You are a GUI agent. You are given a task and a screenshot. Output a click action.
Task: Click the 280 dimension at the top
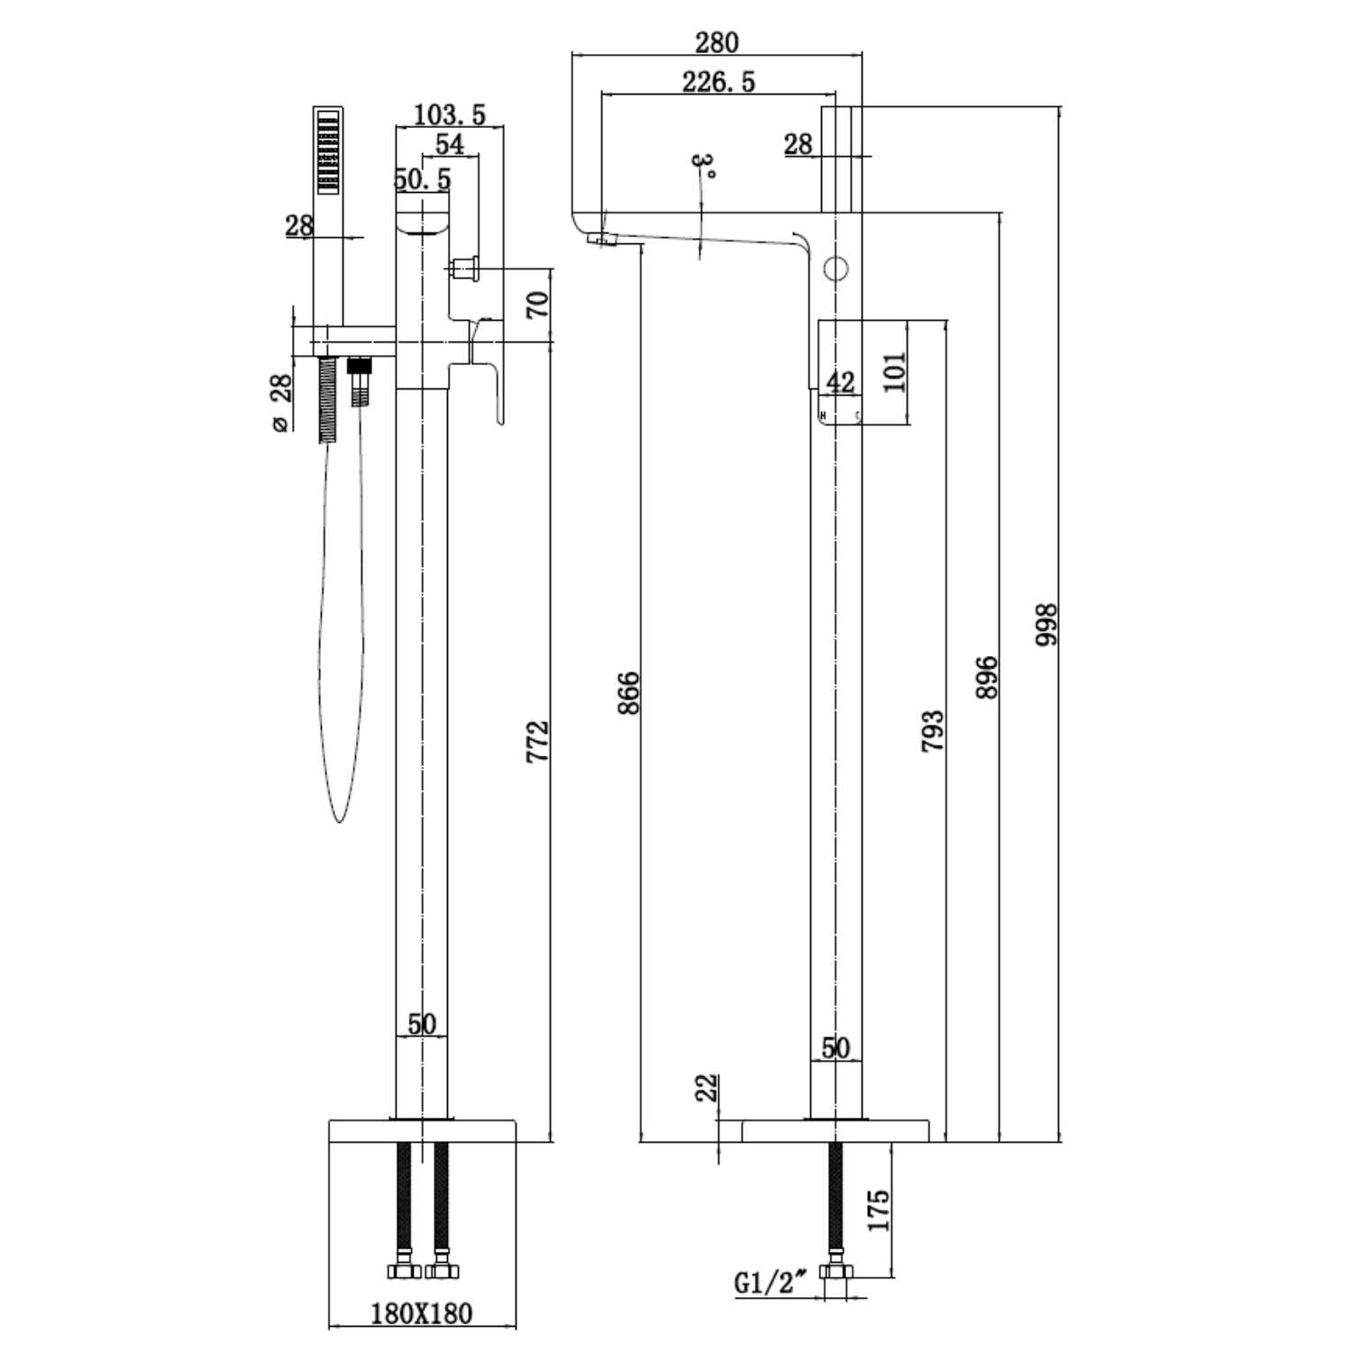[x=717, y=42]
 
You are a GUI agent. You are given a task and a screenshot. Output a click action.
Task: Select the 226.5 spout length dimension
[x=718, y=83]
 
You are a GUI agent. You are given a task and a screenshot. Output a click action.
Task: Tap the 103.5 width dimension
[x=449, y=115]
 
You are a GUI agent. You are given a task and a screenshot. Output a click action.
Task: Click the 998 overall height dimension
[x=1046, y=624]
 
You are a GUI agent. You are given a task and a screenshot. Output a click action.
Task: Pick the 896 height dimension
[x=987, y=677]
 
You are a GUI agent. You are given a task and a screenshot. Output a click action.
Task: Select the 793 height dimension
[x=933, y=731]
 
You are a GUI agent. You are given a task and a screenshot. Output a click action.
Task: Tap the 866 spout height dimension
[x=628, y=692]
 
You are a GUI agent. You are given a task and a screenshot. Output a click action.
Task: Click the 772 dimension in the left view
[x=537, y=741]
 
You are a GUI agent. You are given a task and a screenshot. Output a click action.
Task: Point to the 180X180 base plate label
[x=422, y=1313]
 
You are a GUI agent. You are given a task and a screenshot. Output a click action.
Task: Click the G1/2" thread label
[x=768, y=1283]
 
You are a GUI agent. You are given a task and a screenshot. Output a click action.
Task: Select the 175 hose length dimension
[x=879, y=1210]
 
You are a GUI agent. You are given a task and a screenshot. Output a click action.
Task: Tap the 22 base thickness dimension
[x=707, y=1087]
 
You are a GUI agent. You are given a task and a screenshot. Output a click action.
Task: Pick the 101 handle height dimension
[x=893, y=370]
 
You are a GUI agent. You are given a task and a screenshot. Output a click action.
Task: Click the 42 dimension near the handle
[x=840, y=382]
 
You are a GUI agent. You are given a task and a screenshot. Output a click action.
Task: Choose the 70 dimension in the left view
[x=537, y=305]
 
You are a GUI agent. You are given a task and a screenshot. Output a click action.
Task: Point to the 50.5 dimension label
[x=422, y=179]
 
